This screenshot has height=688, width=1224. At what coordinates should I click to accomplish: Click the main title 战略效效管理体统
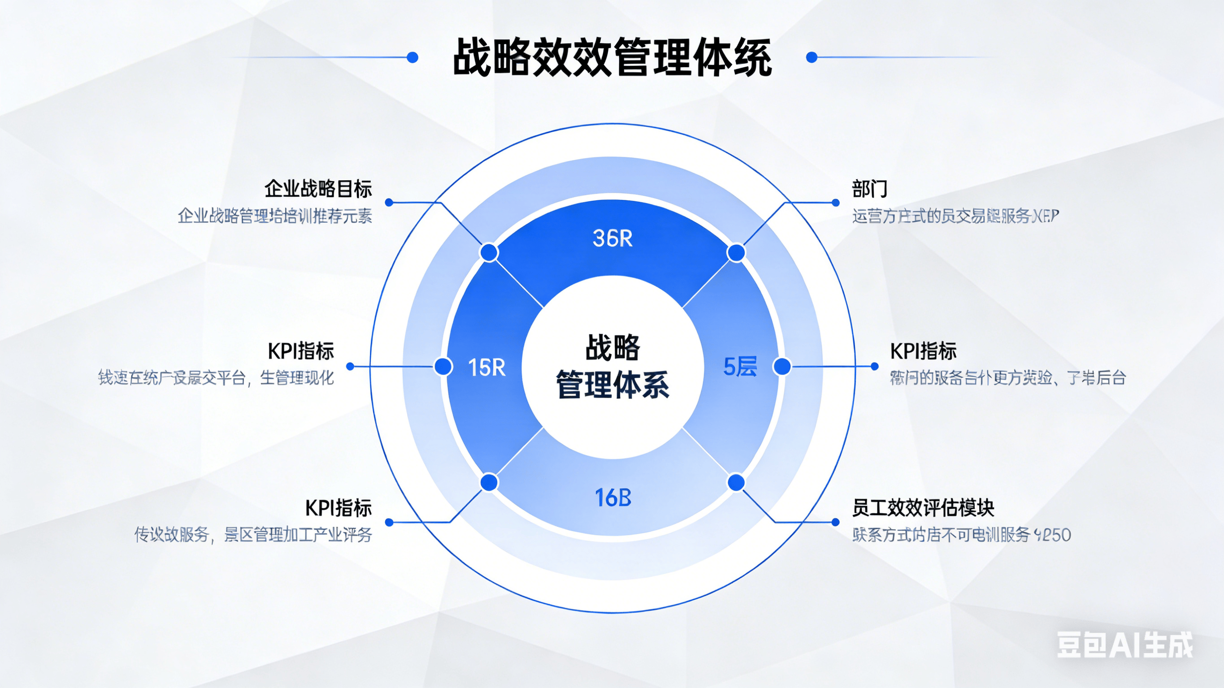612,57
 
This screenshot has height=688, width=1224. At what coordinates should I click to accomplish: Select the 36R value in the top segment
612,238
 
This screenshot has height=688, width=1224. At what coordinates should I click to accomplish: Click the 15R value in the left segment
486,367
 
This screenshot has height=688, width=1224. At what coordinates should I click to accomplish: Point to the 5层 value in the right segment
740,367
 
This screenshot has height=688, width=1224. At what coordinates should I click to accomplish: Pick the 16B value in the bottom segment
613,498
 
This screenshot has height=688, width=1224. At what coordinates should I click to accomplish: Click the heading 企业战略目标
318,189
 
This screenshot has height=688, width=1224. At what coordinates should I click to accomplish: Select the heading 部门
869,189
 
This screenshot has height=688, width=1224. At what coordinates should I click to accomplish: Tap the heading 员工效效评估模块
923,507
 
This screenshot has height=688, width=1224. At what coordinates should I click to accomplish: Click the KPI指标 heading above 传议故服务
338,507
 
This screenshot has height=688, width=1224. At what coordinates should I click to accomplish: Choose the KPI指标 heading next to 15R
301,351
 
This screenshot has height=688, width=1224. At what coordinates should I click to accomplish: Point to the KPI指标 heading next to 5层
923,351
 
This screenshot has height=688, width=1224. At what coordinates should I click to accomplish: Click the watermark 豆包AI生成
1124,645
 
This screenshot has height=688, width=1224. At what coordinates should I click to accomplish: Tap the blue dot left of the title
412,57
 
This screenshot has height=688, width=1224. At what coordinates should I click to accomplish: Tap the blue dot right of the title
812,57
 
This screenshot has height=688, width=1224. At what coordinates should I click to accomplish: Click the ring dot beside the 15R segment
443,366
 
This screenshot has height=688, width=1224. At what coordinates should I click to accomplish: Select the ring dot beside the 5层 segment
782,366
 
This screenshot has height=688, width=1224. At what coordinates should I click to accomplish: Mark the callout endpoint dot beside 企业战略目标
389,203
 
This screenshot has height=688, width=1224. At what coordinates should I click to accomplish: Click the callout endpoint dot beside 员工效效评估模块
835,522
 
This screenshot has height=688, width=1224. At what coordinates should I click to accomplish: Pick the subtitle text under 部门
955,216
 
